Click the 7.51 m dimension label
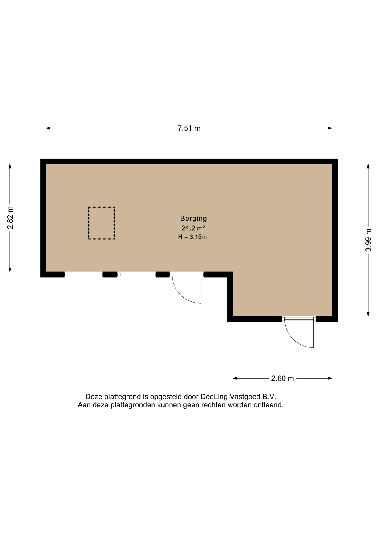click(x=189, y=128)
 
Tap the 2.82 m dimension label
click(x=10, y=218)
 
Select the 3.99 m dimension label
click(x=368, y=240)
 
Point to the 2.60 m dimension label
click(x=283, y=379)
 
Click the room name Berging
click(x=193, y=219)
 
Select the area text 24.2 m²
click(x=193, y=228)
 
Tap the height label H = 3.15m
click(x=192, y=237)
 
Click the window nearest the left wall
click(x=84, y=275)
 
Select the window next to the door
click(x=136, y=275)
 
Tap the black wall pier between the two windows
click(x=110, y=275)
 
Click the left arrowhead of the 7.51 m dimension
click(x=48, y=128)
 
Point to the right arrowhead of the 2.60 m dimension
click(x=330, y=378)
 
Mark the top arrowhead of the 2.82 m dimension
click(x=10, y=166)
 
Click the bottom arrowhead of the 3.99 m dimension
click(x=368, y=314)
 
